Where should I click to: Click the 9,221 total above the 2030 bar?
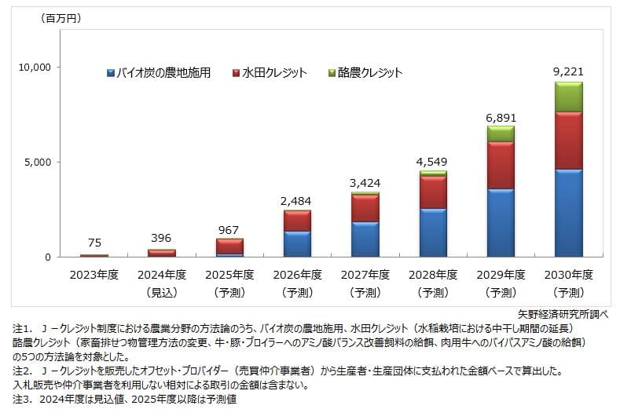[x=568, y=72]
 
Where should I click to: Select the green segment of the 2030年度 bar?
[x=568, y=97]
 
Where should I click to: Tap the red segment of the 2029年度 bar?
[x=501, y=165]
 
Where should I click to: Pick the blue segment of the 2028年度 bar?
[x=433, y=232]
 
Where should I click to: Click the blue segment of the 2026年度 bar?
[x=297, y=243]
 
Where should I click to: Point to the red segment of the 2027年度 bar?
[x=365, y=208]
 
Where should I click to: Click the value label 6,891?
[x=501, y=117]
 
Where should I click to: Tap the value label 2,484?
[x=297, y=201]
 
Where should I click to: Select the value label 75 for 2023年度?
[x=94, y=243]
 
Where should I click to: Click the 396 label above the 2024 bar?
[x=161, y=238]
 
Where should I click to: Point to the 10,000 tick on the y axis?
[x=34, y=68]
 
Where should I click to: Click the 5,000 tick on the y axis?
[x=37, y=163]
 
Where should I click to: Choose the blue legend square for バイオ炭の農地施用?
[x=111, y=73]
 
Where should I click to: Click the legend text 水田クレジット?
[x=274, y=73]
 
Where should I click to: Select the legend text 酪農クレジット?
[x=370, y=73]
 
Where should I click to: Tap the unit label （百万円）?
[x=61, y=17]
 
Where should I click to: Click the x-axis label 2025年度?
[x=229, y=275]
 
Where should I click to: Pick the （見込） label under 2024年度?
[x=161, y=292]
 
